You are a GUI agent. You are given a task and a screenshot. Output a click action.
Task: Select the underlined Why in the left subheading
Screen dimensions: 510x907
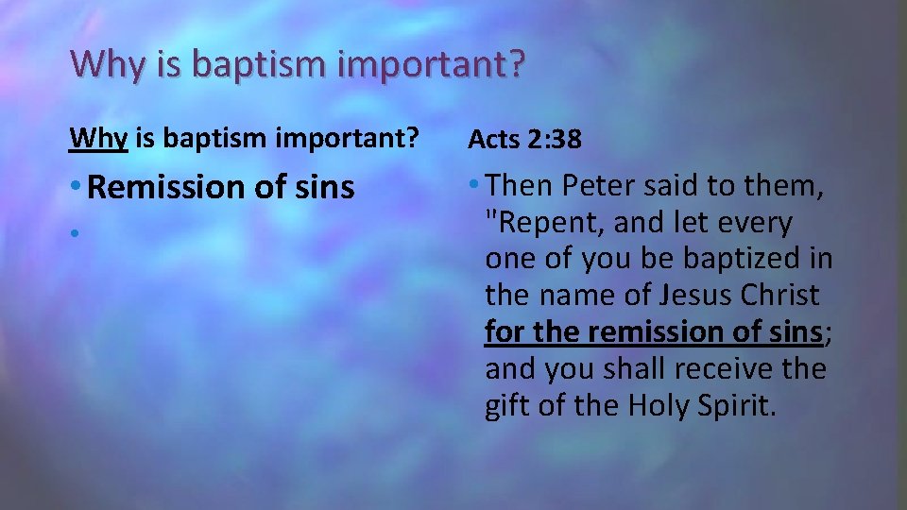coord(97,138)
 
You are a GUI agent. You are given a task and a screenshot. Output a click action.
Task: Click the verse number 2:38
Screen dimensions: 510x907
coord(555,140)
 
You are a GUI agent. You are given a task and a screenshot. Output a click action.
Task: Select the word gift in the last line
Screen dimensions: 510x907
coord(505,405)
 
